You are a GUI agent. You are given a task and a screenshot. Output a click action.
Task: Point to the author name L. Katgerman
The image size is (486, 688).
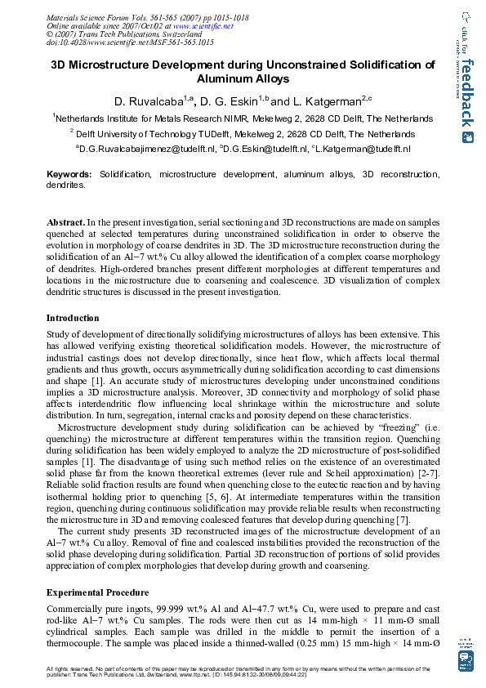click(x=326, y=101)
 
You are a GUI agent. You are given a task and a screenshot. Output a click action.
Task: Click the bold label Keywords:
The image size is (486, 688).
click(x=69, y=174)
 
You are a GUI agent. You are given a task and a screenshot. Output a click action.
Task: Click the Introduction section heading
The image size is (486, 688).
click(x=73, y=318)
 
